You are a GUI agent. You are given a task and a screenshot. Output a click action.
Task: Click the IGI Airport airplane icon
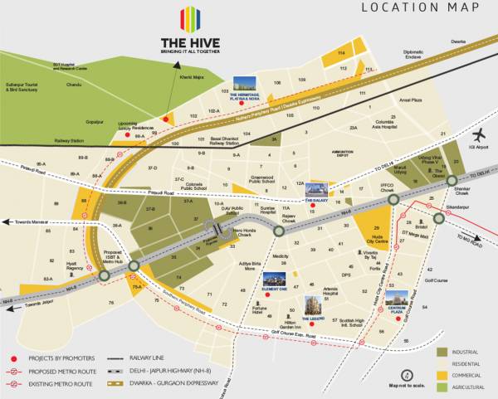pyautogui.click(x=478, y=136)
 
